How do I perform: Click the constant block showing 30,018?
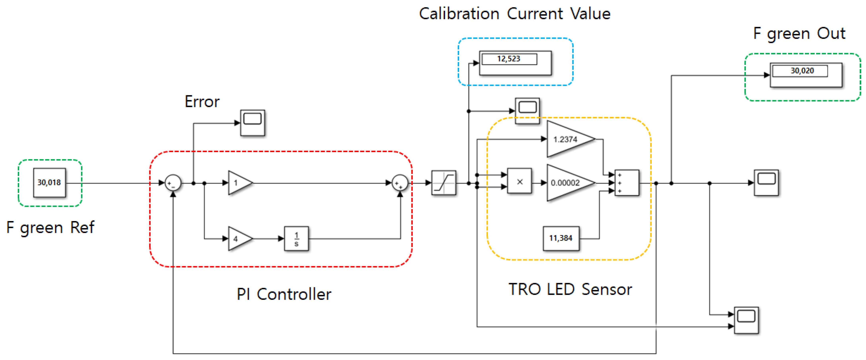[x=50, y=182]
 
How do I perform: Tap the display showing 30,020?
[x=806, y=75]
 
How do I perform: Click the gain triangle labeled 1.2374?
[x=568, y=139]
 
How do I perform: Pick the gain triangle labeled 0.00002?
[x=568, y=183]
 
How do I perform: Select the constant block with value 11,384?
[x=561, y=238]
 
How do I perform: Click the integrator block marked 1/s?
[x=296, y=239]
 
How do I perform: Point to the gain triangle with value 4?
[x=238, y=239]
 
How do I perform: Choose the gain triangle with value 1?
[x=238, y=183]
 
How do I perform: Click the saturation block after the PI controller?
[x=444, y=183]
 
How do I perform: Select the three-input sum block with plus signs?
[x=627, y=183]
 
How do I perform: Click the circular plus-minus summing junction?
[x=173, y=183]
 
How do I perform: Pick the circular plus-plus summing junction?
[x=400, y=183]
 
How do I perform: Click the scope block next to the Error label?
[x=253, y=123]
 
